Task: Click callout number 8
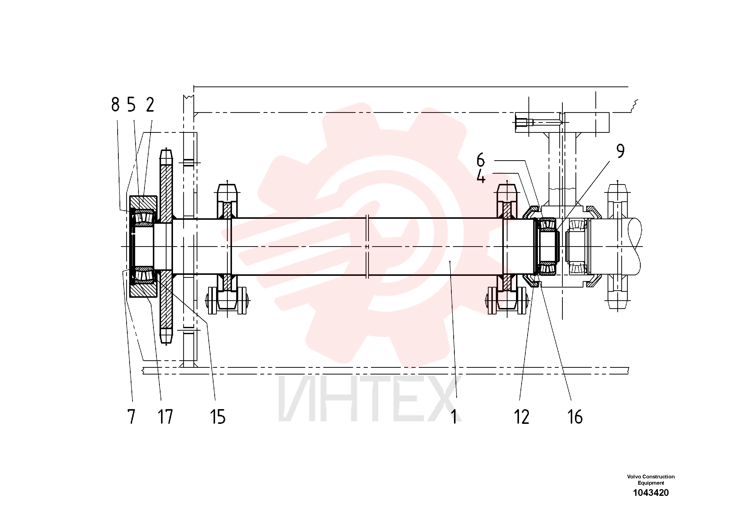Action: point(115,105)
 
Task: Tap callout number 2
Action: point(150,105)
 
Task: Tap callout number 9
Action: point(620,151)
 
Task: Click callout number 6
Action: point(481,160)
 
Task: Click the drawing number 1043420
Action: point(651,493)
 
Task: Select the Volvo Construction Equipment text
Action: point(651,479)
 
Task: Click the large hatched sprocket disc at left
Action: point(166,246)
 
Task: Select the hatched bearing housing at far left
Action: point(143,246)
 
